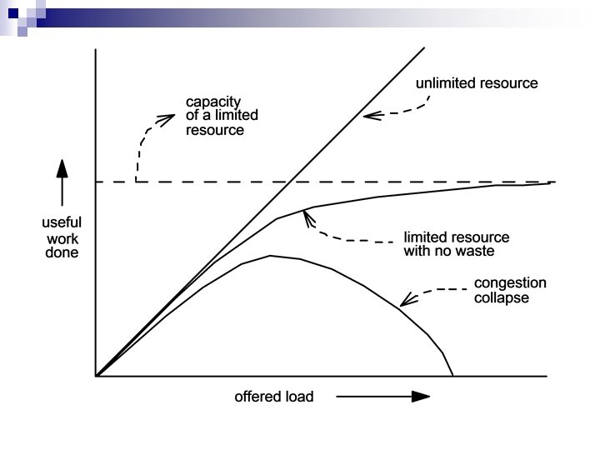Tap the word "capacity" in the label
[212, 102]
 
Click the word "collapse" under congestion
[501, 297]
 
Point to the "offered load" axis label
[273, 397]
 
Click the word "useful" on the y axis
[61, 222]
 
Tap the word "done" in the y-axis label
[61, 252]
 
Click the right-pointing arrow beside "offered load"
[383, 397]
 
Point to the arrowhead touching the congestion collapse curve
[405, 302]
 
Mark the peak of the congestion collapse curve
[270, 256]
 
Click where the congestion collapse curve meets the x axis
[452, 377]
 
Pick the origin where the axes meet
[97, 377]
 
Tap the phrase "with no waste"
[449, 251]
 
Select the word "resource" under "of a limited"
[215, 131]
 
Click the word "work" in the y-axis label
[61, 237]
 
